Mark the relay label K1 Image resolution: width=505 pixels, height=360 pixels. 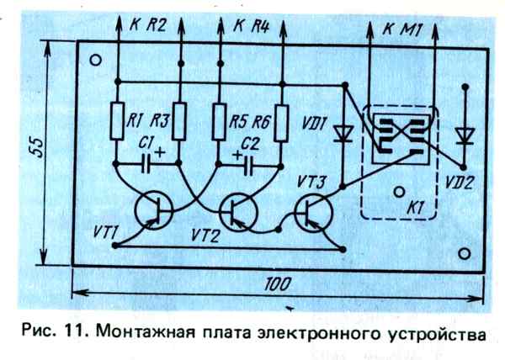click(414, 204)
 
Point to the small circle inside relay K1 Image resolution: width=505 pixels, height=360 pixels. click(395, 192)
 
